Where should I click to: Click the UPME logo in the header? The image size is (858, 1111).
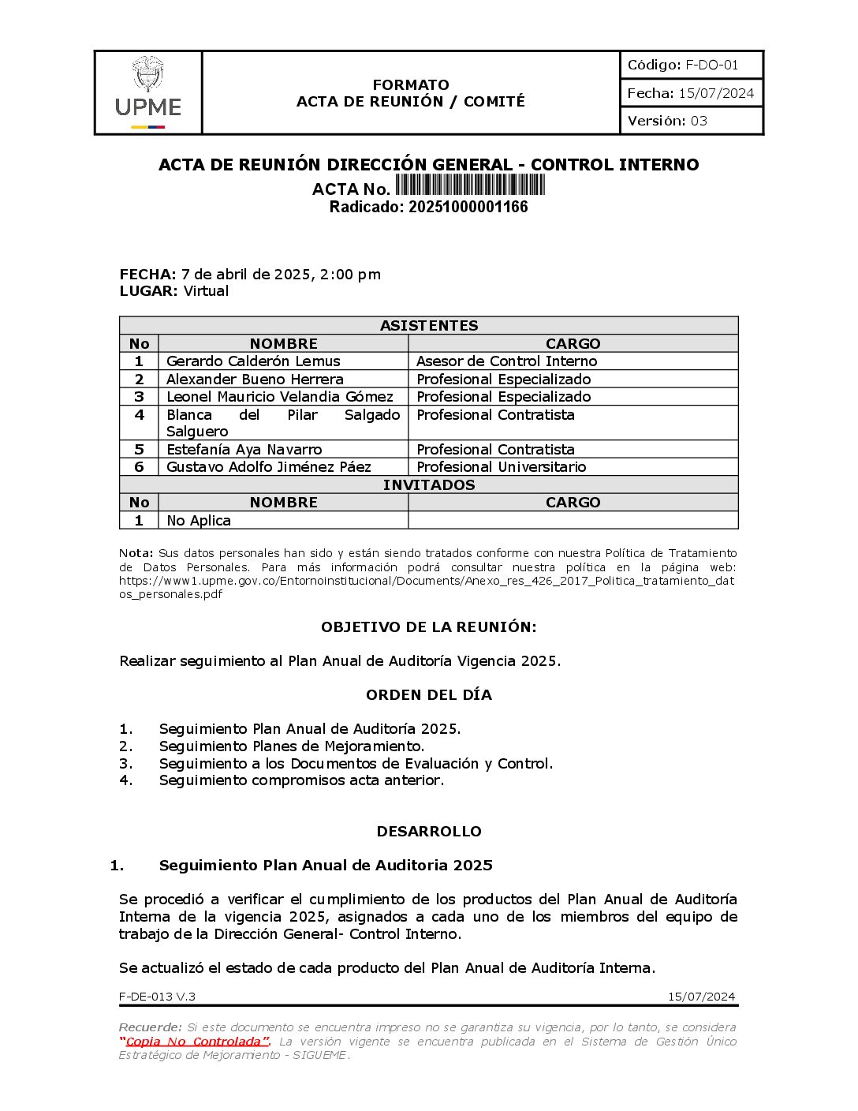point(148,93)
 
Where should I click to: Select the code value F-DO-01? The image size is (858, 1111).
point(711,65)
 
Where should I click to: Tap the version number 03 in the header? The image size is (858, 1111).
point(699,121)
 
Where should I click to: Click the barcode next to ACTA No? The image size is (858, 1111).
point(470,185)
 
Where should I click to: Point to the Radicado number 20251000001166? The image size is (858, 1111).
point(468,208)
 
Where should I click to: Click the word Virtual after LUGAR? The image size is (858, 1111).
point(206,291)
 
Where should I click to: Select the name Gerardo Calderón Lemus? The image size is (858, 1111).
point(253,361)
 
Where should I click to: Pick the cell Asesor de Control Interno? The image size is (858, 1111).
point(506,361)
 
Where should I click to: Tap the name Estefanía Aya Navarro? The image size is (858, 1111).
point(244,450)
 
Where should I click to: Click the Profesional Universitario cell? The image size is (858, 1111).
point(501,467)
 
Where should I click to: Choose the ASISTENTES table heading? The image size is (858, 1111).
point(429,326)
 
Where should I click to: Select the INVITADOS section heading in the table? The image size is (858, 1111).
point(429,485)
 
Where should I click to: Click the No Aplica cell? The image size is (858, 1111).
point(199,521)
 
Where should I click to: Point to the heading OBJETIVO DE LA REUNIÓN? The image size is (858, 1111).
point(428,627)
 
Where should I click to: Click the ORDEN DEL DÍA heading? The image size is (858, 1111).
point(428,695)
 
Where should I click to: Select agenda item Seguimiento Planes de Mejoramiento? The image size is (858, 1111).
point(292,746)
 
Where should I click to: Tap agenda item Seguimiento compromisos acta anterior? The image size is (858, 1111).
point(301,780)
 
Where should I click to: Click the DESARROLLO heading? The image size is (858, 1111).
point(428,832)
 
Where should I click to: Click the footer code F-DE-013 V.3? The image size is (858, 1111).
point(157,997)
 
